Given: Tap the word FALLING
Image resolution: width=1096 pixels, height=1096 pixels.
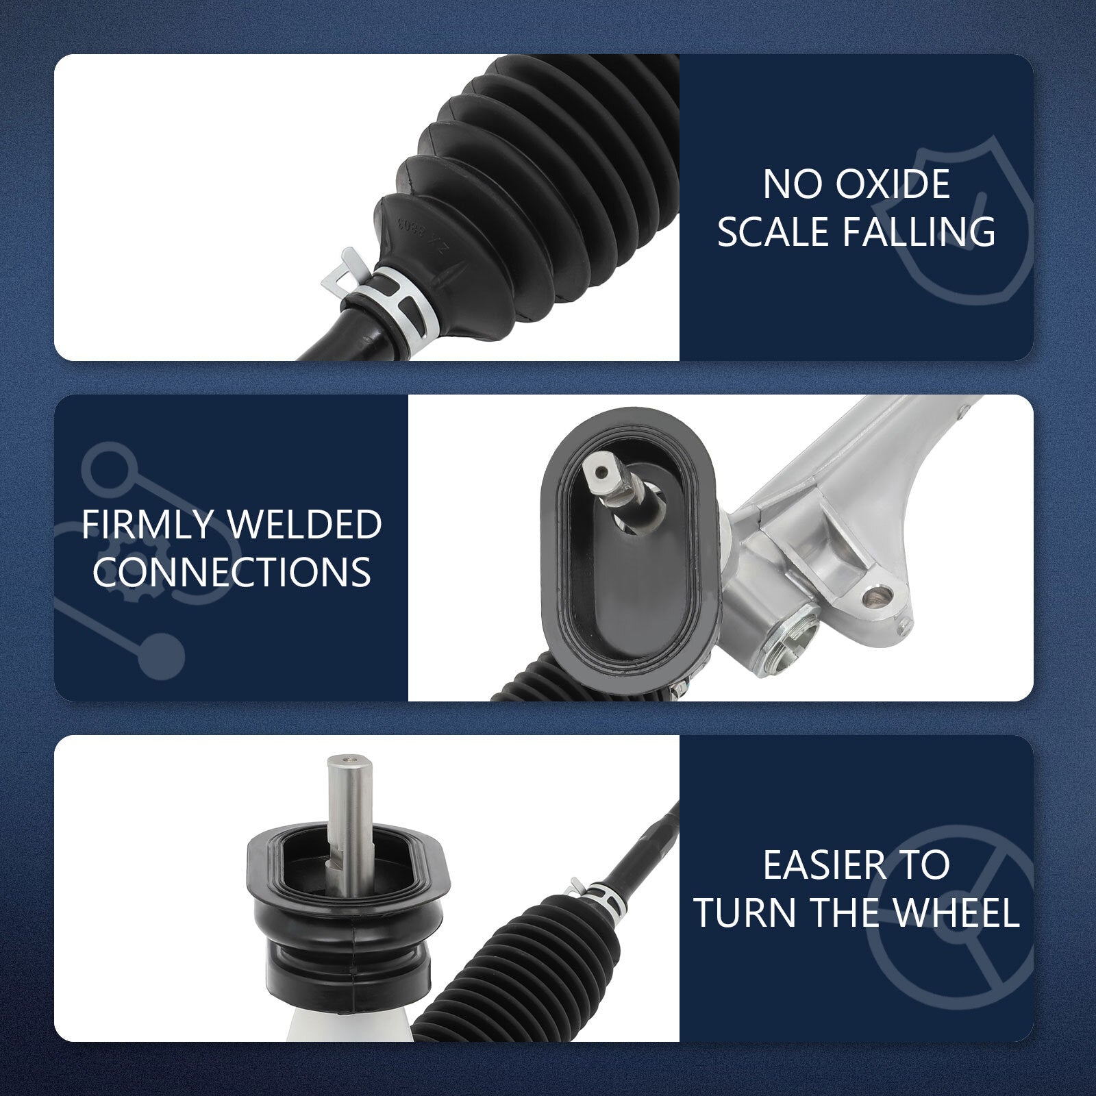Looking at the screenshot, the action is pos(919,231).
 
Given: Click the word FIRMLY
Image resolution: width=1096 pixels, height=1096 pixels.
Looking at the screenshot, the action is pos(150,525).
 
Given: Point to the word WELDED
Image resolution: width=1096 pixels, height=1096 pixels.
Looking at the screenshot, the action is pos(305,525).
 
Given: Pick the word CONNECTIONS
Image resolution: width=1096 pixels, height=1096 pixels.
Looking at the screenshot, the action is pos(232,571).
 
